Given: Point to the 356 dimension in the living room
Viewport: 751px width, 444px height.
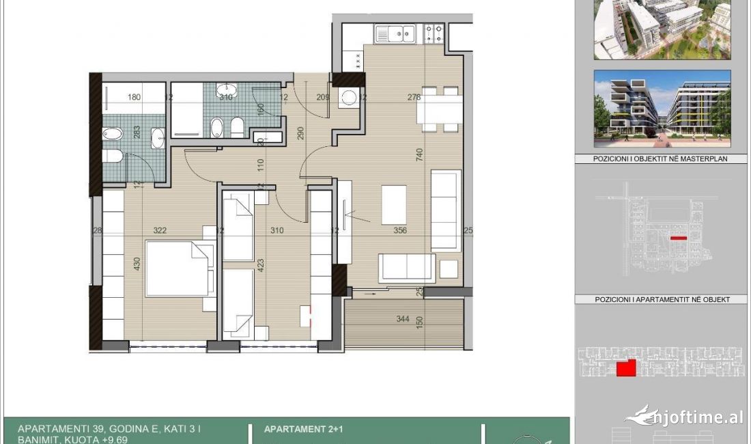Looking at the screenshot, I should [399, 231].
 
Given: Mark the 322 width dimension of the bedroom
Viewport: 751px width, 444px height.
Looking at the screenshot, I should [160, 231].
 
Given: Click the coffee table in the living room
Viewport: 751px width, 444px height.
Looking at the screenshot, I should [394, 204].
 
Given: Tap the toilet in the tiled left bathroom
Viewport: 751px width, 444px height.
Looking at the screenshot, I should [113, 156].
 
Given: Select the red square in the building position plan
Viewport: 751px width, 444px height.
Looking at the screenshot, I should [626, 368].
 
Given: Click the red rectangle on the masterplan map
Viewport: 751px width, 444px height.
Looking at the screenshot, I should [678, 238].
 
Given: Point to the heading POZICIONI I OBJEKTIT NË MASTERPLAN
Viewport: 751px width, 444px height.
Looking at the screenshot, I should [651, 158].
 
